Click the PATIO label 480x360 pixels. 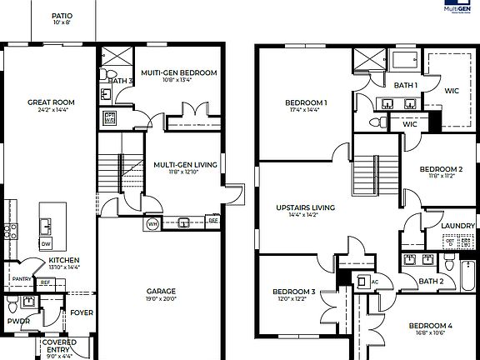click(x=62, y=16)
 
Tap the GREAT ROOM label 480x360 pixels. click(x=51, y=102)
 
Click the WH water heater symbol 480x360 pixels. click(x=152, y=225)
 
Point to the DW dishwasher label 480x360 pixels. click(x=45, y=243)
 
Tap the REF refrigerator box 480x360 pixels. click(x=46, y=283)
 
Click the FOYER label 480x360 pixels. click(x=82, y=313)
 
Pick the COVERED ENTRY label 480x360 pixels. click(x=57, y=345)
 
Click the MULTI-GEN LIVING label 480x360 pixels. click(x=185, y=165)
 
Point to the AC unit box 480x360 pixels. click(x=363, y=281)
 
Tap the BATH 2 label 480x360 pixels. click(x=430, y=282)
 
